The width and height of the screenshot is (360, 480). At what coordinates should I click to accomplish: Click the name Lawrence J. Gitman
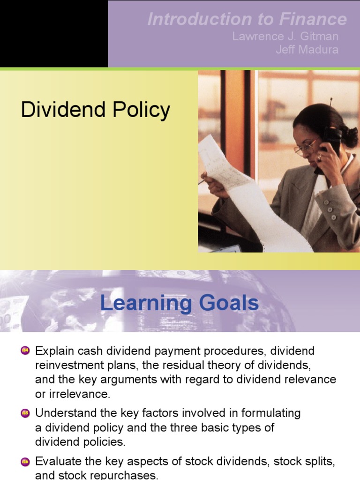(285, 37)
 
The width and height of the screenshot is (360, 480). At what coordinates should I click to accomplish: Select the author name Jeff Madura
(307, 50)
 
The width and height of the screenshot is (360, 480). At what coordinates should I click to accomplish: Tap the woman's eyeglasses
(306, 147)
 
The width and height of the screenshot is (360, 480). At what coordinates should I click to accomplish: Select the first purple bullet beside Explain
(25, 351)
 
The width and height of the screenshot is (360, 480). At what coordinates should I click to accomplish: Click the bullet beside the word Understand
(25, 413)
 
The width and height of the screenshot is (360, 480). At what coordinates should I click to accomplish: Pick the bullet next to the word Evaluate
(25, 461)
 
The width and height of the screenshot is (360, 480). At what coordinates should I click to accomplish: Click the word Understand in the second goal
(66, 413)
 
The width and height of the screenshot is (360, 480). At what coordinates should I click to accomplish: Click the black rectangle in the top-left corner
(53, 33)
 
